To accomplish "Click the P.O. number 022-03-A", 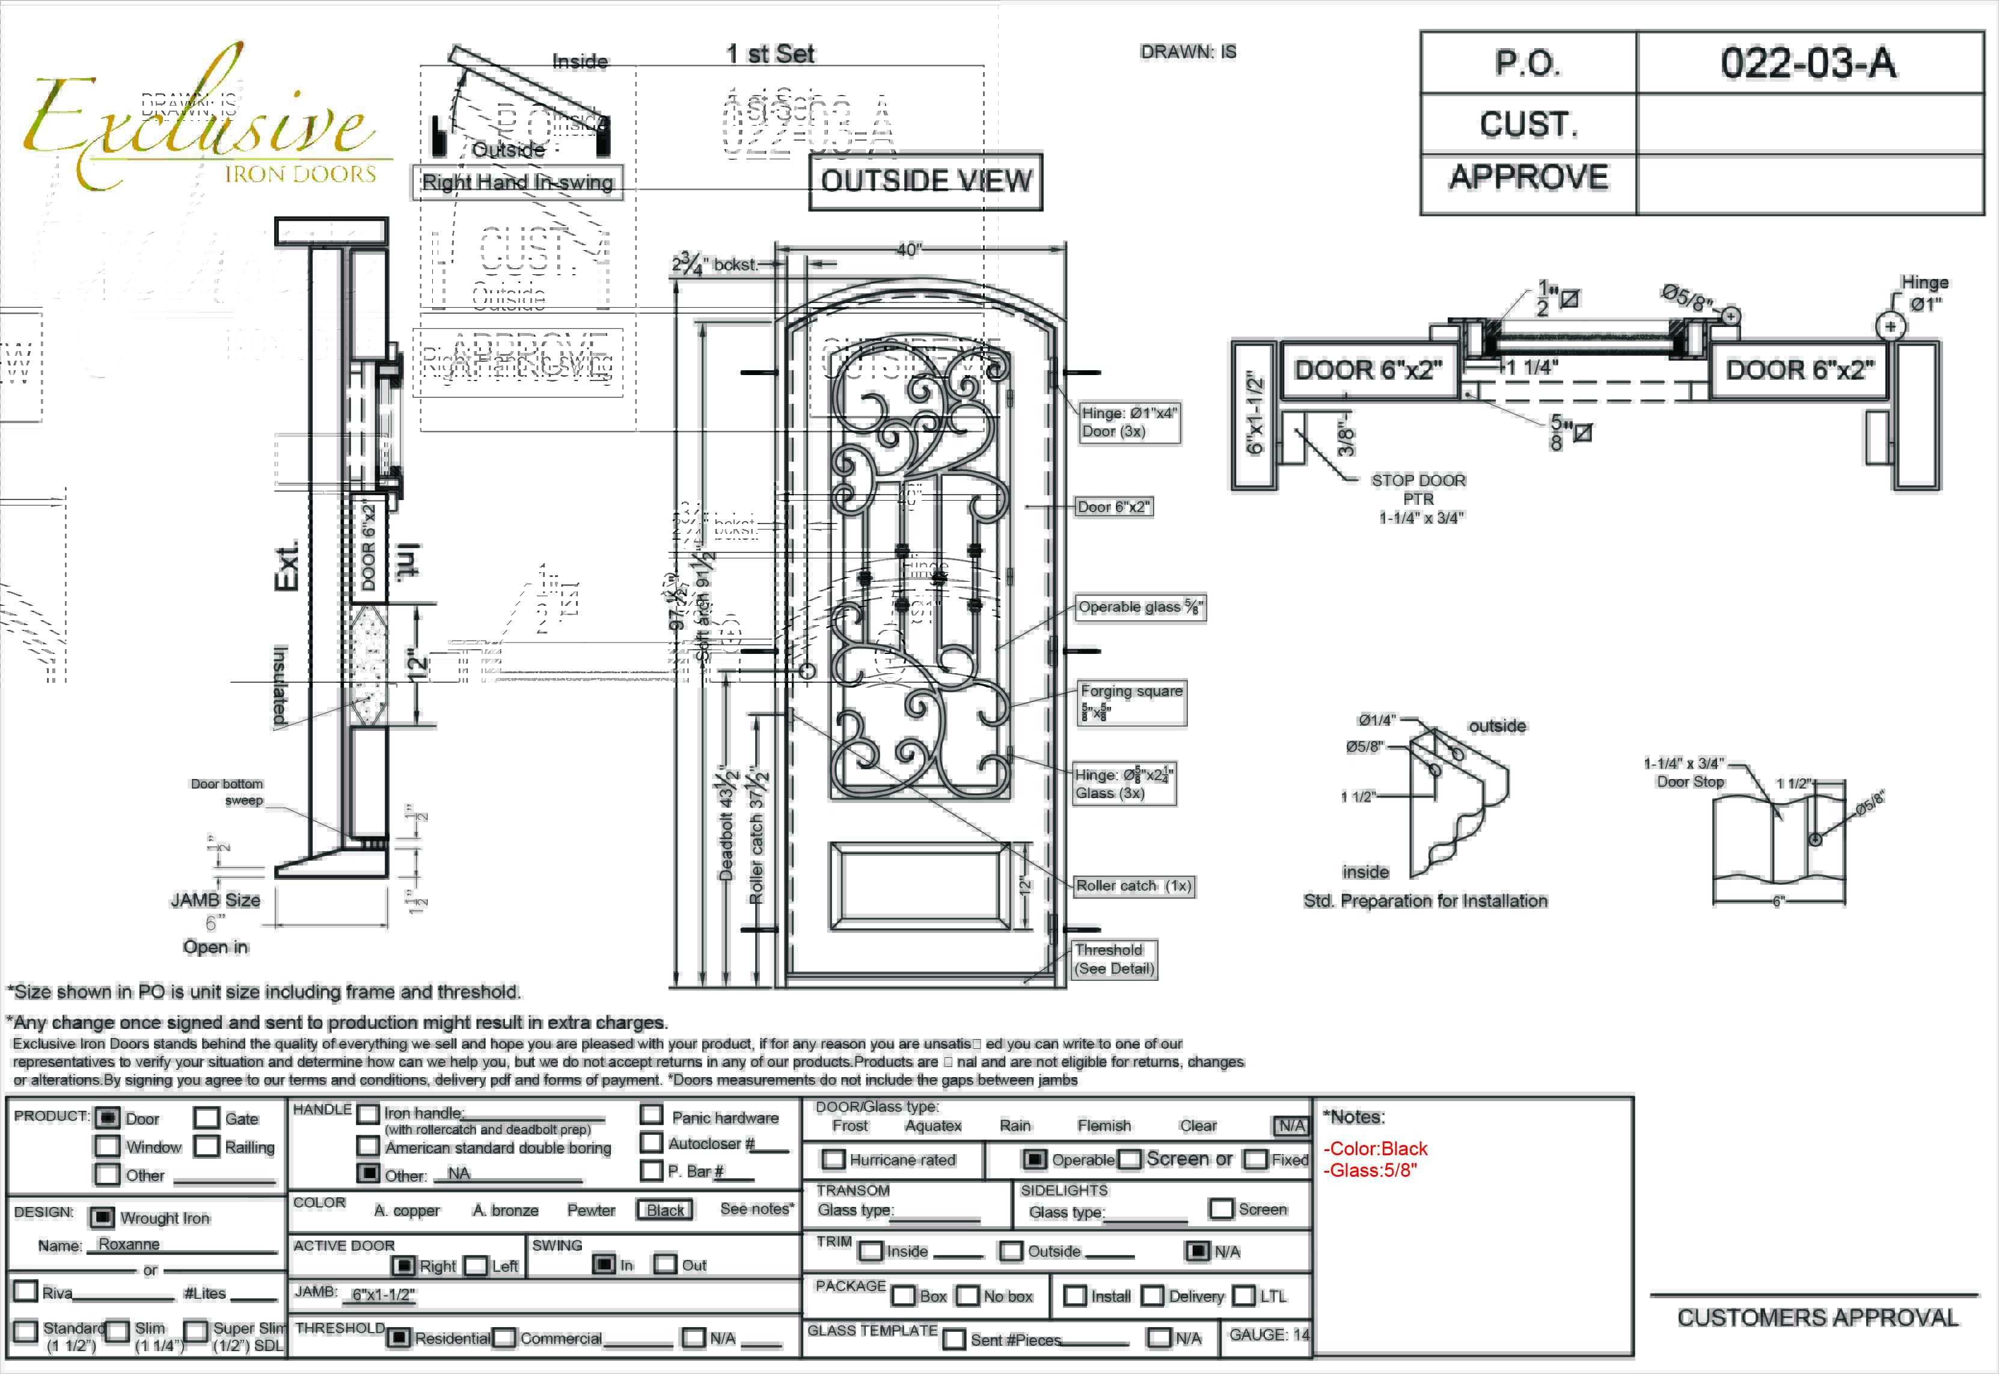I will point(1808,63).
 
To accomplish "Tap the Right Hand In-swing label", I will point(518,183).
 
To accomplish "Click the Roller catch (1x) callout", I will point(1134,886).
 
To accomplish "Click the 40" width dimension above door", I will point(909,249).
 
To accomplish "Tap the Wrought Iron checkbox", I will point(102,1217).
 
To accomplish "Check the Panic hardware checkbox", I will point(652,1115).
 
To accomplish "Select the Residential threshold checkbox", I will point(398,1338).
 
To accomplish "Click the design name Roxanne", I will point(129,1244).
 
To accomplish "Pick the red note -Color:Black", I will point(1375,1149).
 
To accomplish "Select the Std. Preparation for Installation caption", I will point(1425,902).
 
